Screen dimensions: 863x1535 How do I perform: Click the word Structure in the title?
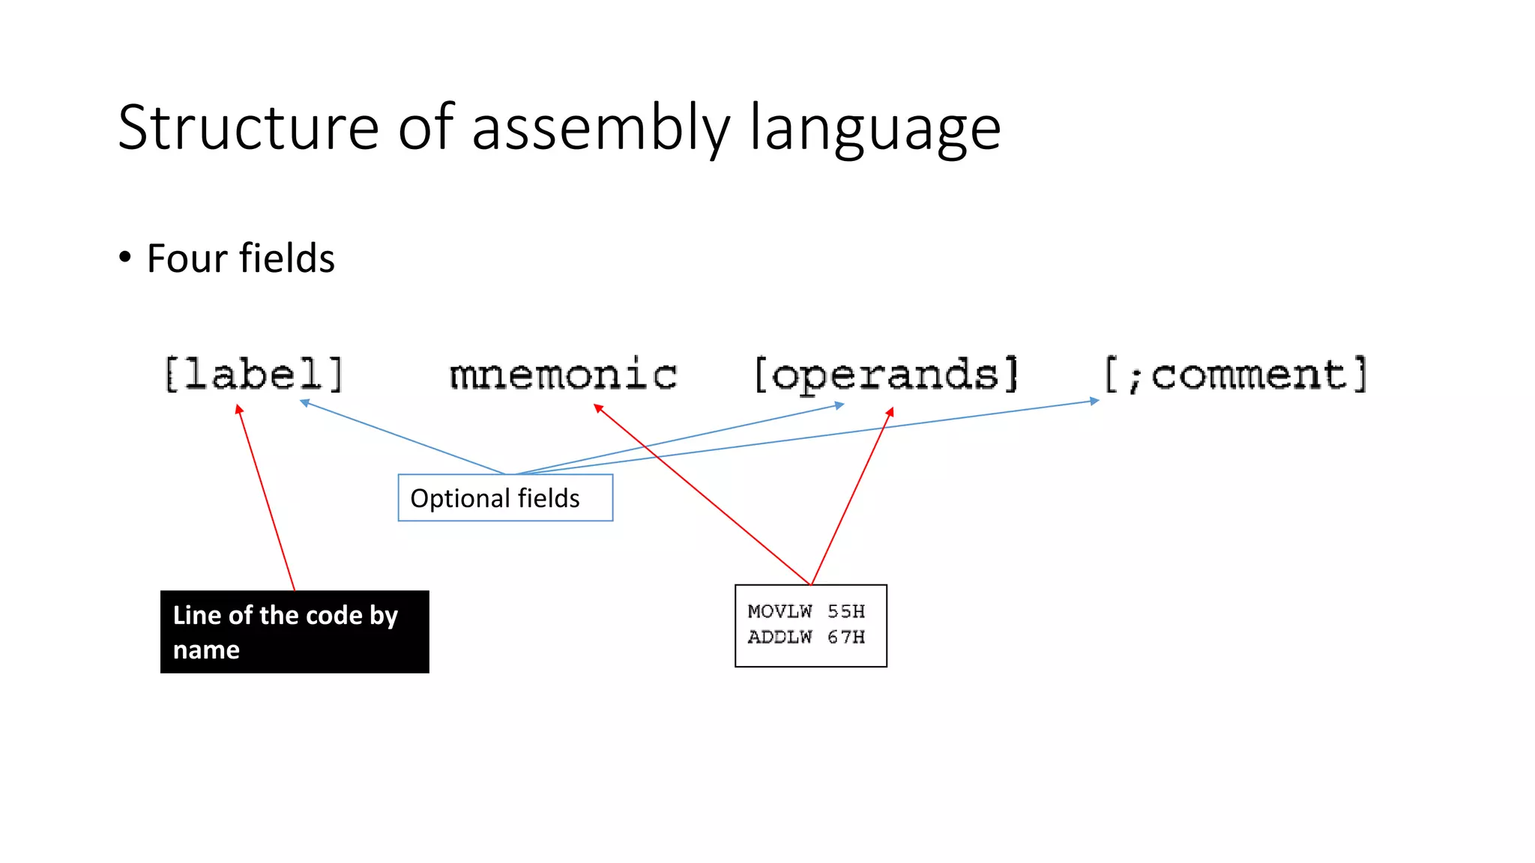pos(248,127)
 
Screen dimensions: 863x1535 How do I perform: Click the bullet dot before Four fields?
pos(125,258)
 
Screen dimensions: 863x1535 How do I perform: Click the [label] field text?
pos(253,375)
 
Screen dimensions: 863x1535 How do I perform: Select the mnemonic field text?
pos(563,375)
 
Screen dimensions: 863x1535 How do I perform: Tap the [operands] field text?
pos(886,375)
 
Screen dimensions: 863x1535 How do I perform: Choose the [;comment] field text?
pos(1236,375)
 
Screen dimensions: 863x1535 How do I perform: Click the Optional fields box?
pos(505,497)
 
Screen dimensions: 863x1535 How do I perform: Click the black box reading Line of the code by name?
pos(295,632)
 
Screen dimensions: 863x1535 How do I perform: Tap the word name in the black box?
pos(206,649)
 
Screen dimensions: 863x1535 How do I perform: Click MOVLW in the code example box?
pos(779,612)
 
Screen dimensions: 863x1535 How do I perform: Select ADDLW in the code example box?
pos(779,638)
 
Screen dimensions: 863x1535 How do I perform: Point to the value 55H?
pos(846,612)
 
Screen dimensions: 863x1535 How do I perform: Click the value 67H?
pos(846,638)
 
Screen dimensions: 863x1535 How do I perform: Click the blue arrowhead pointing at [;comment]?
pos(1094,402)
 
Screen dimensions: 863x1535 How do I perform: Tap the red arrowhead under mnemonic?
pos(598,408)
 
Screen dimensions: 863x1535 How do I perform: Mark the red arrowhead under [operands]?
pos(890,412)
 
